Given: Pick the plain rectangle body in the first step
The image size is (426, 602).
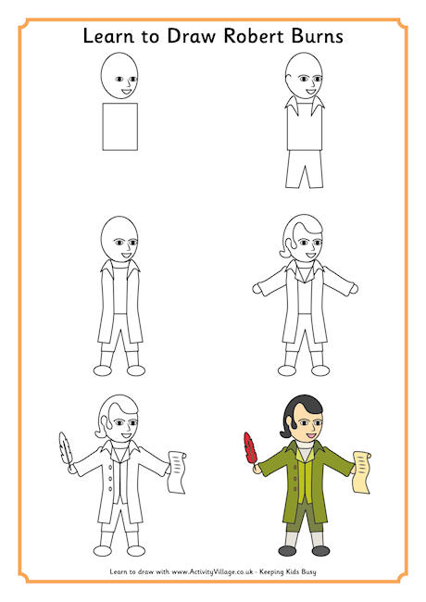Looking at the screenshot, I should (x=119, y=127).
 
